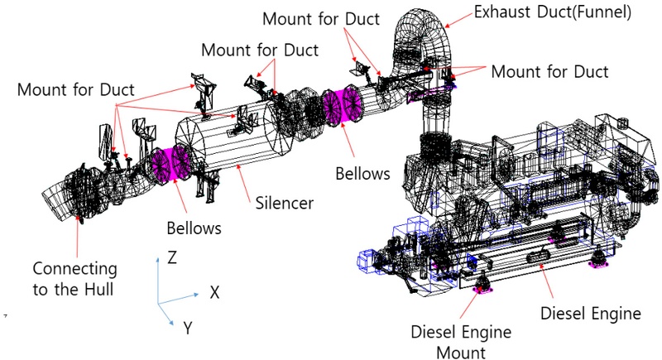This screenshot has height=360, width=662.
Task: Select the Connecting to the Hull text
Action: tap(74, 280)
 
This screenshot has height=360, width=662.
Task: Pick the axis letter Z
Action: tap(172, 257)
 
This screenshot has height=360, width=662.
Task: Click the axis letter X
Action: tap(214, 291)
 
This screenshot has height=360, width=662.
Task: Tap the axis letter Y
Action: tap(189, 329)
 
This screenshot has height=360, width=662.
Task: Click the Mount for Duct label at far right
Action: tap(549, 72)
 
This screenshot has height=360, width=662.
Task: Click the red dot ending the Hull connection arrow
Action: tap(80, 217)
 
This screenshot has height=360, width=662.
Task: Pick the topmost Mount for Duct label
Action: tap(322, 18)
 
